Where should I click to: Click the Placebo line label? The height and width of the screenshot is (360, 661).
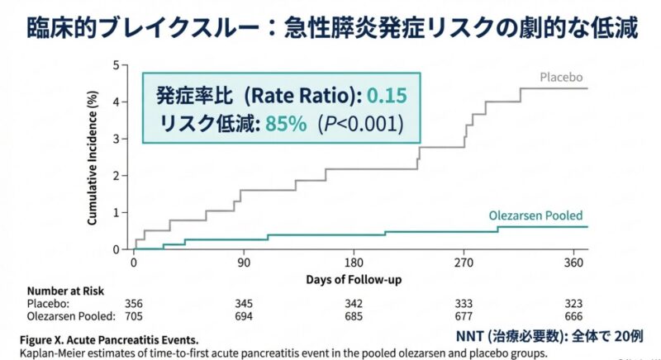tap(564, 78)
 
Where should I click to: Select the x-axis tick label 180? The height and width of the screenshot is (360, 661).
tap(353, 263)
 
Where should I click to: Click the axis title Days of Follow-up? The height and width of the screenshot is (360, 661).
tap(354, 280)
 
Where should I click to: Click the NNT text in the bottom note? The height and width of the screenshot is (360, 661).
tap(470, 337)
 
